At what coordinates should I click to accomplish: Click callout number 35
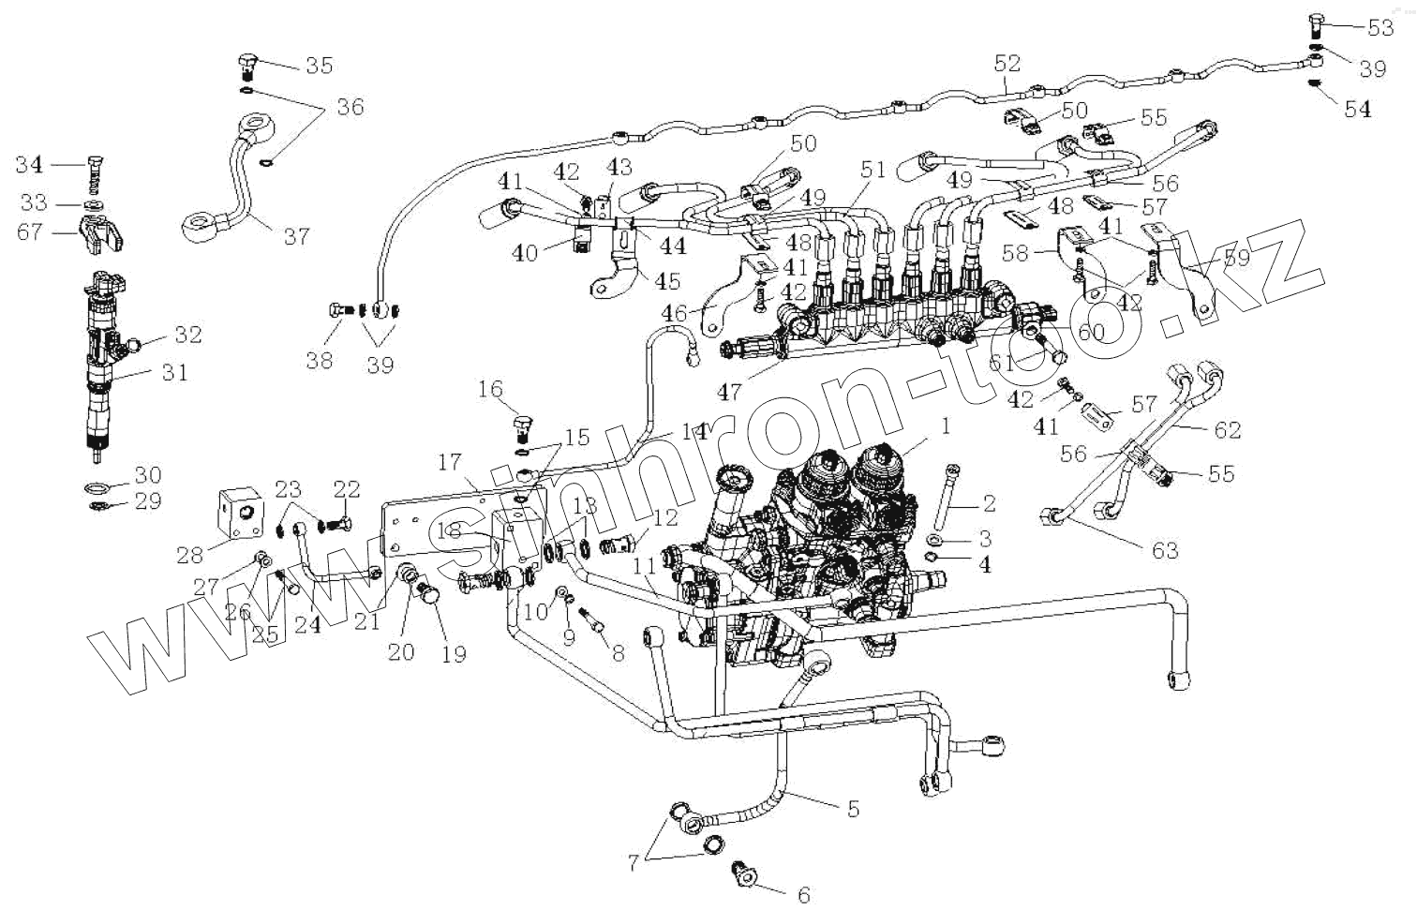pos(319,66)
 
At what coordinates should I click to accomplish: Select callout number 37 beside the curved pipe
pos(296,236)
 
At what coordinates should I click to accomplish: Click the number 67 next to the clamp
pos(31,231)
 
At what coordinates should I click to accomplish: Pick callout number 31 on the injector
pos(173,372)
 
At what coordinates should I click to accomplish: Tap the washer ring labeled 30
pos(97,486)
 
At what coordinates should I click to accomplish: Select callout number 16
pos(490,389)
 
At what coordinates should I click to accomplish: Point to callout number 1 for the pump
pos(946,426)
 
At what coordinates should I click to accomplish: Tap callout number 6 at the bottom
pos(803,895)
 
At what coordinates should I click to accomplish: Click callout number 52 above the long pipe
pos(1007,63)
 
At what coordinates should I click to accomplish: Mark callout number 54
pos(1357,109)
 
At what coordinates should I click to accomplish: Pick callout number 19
pos(454,653)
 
